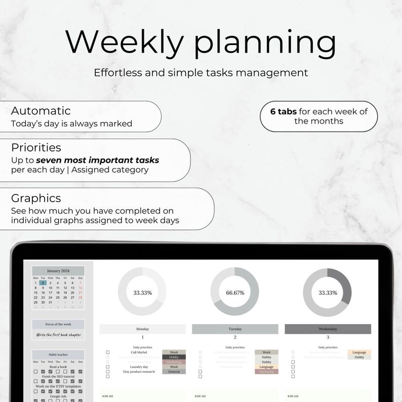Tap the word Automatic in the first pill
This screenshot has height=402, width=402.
pos(41,110)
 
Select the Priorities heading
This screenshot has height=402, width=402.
pos(36,148)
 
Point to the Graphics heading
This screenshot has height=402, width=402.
pos(36,198)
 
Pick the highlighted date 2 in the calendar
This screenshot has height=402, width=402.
pos(43,283)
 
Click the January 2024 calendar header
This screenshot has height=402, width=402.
pos(58,271)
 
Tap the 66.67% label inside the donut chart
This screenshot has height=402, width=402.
pos(235,293)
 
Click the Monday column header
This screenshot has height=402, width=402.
pos(142,329)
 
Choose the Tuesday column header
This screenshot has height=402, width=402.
pos(235,329)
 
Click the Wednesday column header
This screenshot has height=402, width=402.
pos(328,329)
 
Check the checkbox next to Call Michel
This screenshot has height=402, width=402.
pos(108,352)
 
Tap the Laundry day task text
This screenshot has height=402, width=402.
pos(139,367)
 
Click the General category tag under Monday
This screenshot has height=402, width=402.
pos(174,372)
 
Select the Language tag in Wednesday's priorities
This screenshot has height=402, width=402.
pos(359,352)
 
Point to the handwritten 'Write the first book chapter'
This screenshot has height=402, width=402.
pos(58,335)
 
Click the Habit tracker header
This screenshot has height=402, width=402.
pos(58,354)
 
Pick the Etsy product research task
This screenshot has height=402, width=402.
pos(139,372)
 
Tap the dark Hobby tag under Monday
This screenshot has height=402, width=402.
pos(174,357)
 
